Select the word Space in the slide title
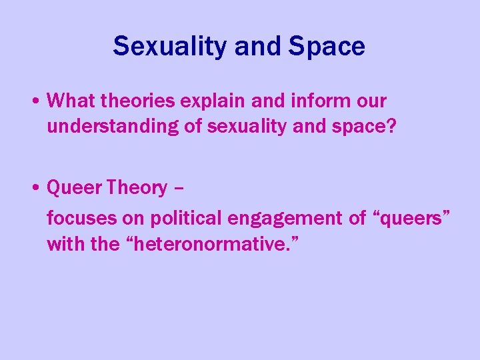click(327, 46)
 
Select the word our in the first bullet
click(371, 101)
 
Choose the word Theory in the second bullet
click(137, 188)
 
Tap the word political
click(187, 217)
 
